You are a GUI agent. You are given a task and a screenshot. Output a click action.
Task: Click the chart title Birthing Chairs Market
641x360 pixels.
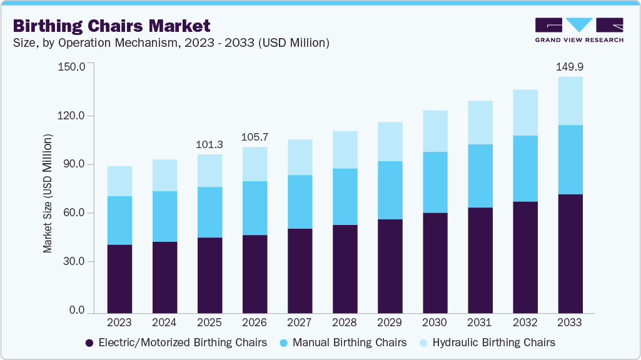111,26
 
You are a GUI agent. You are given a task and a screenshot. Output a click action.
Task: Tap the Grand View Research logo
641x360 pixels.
578,30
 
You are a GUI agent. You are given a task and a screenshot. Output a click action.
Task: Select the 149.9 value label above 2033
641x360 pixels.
570,67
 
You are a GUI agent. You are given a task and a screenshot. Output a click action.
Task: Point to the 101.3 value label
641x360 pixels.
209,144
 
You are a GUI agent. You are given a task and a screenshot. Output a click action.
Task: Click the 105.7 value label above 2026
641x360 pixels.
255,137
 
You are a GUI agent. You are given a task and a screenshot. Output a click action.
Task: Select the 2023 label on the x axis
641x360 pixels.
119,323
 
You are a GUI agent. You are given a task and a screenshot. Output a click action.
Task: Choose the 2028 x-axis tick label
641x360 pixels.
345,323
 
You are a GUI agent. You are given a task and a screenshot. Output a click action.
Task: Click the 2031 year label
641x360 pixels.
480,323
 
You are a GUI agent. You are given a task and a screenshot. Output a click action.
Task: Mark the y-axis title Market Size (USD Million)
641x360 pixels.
48,194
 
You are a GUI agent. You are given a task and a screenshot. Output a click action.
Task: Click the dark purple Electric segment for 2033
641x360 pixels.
570,254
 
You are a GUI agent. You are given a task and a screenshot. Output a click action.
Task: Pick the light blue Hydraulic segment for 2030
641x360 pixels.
435,131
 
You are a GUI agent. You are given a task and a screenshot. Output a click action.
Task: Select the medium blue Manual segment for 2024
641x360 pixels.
164,216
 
